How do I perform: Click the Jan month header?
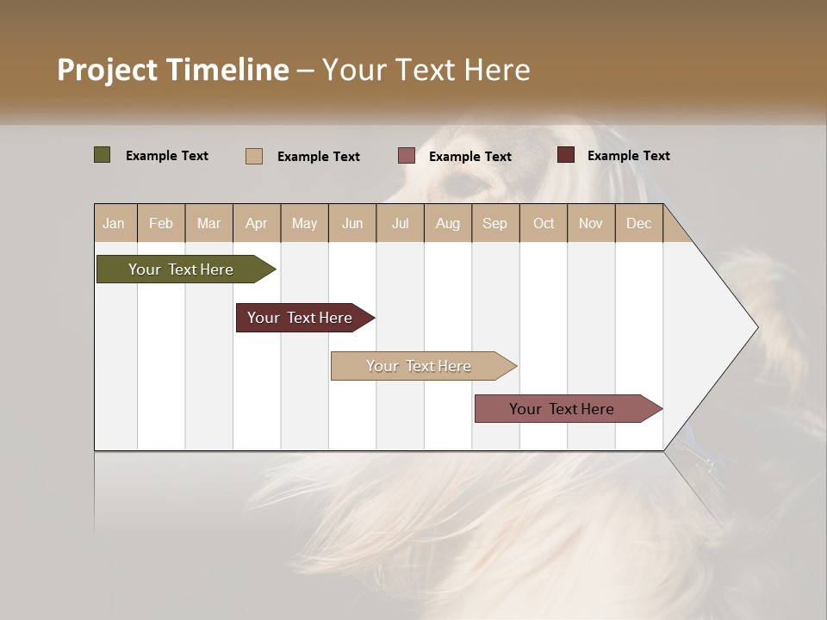click(115, 223)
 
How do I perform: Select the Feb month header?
click(161, 223)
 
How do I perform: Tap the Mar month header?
click(208, 223)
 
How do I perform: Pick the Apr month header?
click(257, 223)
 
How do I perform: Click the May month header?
click(304, 223)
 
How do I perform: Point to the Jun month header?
click(352, 223)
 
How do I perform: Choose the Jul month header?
click(400, 223)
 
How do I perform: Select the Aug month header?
click(448, 223)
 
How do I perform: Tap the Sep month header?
click(495, 223)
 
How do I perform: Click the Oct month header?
click(544, 223)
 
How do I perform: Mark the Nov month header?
click(591, 223)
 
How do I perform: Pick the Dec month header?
click(638, 223)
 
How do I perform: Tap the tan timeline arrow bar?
click(420, 366)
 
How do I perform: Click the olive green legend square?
click(103, 155)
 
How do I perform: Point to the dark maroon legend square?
click(566, 155)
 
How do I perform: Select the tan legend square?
click(254, 156)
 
